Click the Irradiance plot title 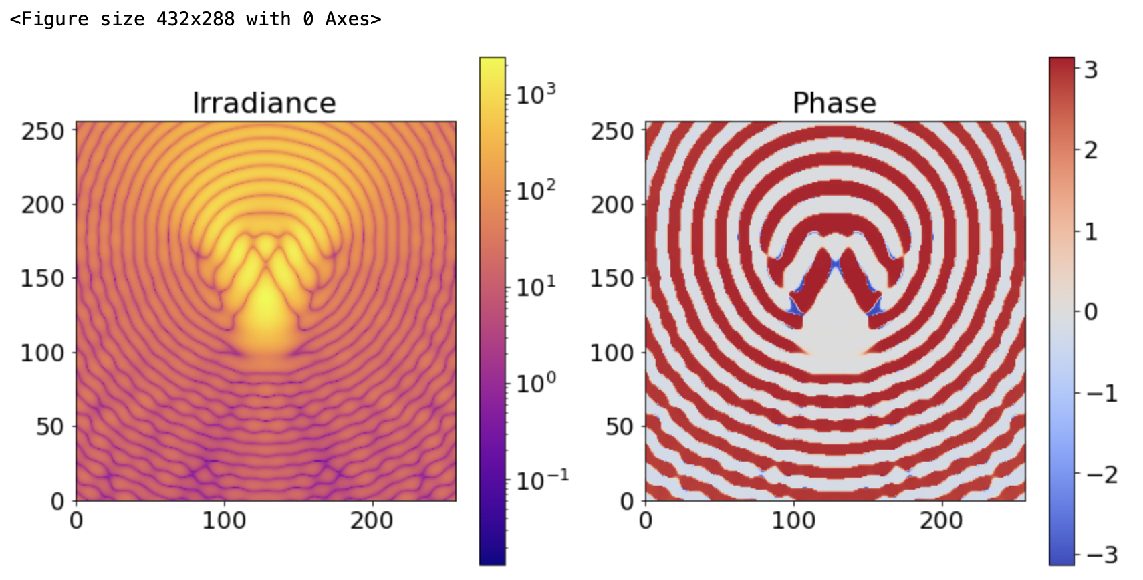[264, 103]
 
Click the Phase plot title [834, 103]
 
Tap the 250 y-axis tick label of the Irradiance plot [43, 131]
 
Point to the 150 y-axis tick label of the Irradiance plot [43, 279]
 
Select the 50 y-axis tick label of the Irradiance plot [50, 426]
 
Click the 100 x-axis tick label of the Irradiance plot [224, 520]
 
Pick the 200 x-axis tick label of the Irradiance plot [372, 520]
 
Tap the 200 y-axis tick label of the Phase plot [612, 204]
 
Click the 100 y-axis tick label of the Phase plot [612, 353]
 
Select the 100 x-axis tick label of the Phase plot [793, 520]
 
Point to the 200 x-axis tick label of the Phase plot [941, 520]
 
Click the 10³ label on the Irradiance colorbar [536, 94]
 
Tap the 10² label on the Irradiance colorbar [536, 190]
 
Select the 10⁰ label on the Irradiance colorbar [536, 383]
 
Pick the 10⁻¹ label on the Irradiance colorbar [542, 479]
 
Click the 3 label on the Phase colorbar [1091, 69]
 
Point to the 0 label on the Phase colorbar [1091, 311]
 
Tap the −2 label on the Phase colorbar [1101, 474]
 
